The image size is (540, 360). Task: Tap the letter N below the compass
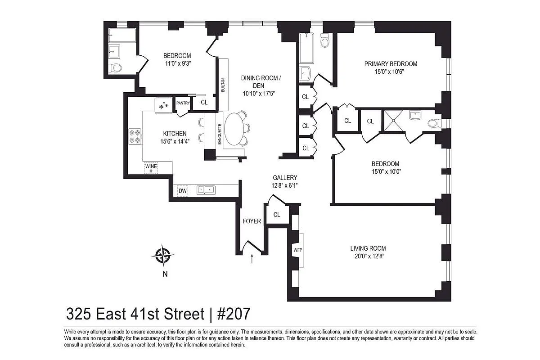tap(165, 274)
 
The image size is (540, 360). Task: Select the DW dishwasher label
tap(183, 191)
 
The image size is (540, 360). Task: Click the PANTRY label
tap(183, 103)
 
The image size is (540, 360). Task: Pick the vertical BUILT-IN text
tap(223, 84)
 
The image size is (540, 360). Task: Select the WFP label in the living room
tap(297, 249)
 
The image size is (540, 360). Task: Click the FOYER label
tap(252, 221)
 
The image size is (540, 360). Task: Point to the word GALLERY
tap(285, 178)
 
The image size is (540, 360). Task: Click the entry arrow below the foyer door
tap(252, 258)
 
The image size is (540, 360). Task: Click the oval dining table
tap(235, 128)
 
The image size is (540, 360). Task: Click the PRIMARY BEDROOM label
tap(391, 64)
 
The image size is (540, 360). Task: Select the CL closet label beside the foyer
tap(277, 215)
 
